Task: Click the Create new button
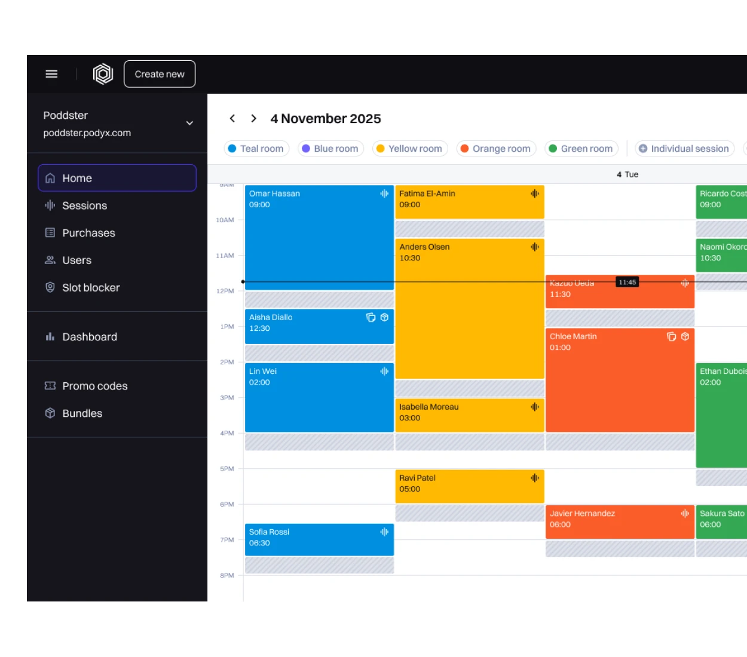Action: click(x=160, y=74)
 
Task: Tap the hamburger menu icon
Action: click(x=51, y=74)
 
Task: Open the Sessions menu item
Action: click(x=84, y=205)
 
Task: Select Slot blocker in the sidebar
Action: click(x=91, y=287)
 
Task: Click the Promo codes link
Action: click(x=94, y=386)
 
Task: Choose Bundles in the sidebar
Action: click(x=82, y=413)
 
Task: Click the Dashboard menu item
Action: click(x=90, y=337)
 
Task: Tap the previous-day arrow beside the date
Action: click(x=232, y=118)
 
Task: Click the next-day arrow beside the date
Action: click(x=254, y=118)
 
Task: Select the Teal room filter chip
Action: click(x=256, y=149)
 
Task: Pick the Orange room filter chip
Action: click(x=496, y=149)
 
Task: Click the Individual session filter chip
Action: click(x=684, y=149)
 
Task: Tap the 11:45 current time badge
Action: click(x=627, y=282)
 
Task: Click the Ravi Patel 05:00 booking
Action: click(x=469, y=486)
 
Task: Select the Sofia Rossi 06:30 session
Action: click(x=319, y=539)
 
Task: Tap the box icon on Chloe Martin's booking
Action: click(x=685, y=336)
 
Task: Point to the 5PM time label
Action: click(x=227, y=469)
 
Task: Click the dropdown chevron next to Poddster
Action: click(x=189, y=123)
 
